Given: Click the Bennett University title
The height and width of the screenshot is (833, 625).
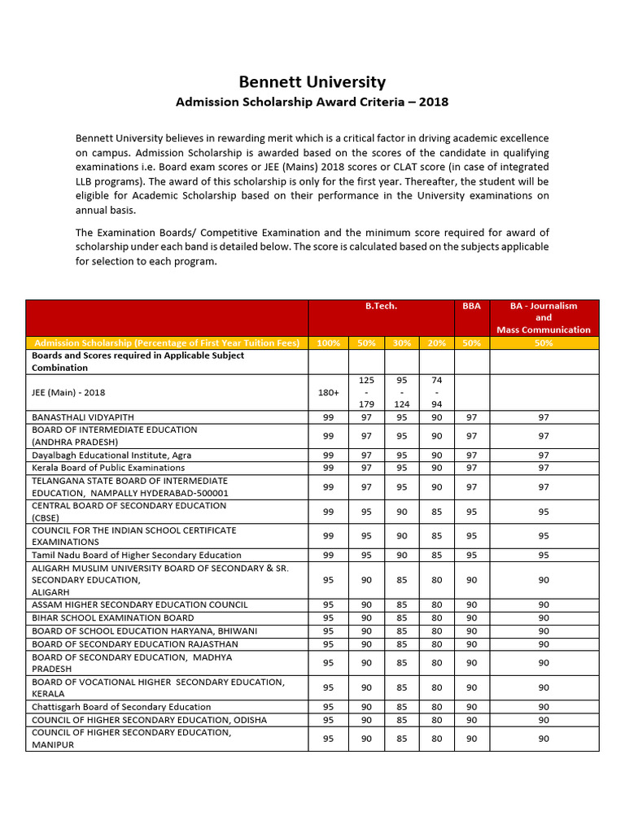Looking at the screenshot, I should tap(312, 82).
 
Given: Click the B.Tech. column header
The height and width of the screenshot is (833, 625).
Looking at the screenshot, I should tap(381, 306).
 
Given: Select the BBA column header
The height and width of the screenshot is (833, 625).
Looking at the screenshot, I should tap(471, 306).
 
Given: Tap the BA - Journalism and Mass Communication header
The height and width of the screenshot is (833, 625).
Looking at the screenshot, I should tap(544, 317).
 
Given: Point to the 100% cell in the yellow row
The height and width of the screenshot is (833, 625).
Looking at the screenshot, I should tap(328, 342).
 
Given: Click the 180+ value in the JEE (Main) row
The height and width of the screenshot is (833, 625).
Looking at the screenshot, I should tap(328, 392).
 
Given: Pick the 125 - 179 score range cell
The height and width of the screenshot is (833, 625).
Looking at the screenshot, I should tap(366, 392).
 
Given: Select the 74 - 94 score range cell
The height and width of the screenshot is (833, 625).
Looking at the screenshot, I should tap(436, 392).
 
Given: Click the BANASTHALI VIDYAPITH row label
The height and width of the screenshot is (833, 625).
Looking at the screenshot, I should tap(83, 416).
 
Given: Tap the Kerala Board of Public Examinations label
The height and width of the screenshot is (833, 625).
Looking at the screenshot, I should tap(108, 468).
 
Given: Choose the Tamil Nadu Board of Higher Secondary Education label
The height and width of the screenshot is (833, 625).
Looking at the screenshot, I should tap(137, 555).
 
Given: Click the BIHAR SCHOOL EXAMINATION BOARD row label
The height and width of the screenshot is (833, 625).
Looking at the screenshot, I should tap(113, 617).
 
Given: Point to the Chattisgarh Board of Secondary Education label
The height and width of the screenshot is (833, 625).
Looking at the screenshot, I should tap(121, 707).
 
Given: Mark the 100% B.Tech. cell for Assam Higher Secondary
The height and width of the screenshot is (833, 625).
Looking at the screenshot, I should tap(328, 604).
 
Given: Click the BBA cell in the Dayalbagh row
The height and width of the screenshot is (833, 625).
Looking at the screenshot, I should tap(471, 455).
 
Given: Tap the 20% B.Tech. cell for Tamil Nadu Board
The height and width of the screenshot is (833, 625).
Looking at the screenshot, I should tap(436, 555).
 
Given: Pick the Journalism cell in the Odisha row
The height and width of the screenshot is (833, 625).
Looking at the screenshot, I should tap(544, 720).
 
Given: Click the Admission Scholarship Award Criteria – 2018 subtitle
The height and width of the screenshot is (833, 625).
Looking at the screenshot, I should tap(312, 102).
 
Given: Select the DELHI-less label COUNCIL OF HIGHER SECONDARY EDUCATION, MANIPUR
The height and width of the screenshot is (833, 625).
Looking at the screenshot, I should tap(131, 738).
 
